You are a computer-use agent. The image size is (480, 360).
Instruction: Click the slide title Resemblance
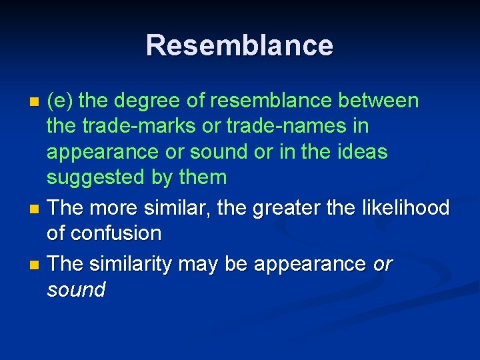point(239,45)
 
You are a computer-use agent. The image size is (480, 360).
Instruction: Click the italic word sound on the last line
point(76,290)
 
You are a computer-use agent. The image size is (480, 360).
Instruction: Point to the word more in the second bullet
point(115,208)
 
